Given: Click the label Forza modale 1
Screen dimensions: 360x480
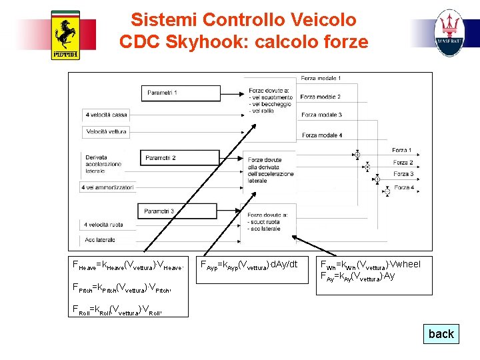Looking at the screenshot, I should click(321, 79).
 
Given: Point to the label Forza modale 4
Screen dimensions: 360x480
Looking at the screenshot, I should click(321, 135).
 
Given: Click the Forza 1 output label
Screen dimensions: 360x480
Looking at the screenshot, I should click(402, 151).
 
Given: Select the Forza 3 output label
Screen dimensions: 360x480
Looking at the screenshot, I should click(403, 175).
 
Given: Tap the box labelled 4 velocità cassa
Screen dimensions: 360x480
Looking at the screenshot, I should click(107, 115).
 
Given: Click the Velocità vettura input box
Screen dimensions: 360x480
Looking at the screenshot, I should click(107, 132).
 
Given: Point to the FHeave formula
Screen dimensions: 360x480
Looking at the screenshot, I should click(127, 265).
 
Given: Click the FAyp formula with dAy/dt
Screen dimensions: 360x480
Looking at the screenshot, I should click(249, 265).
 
